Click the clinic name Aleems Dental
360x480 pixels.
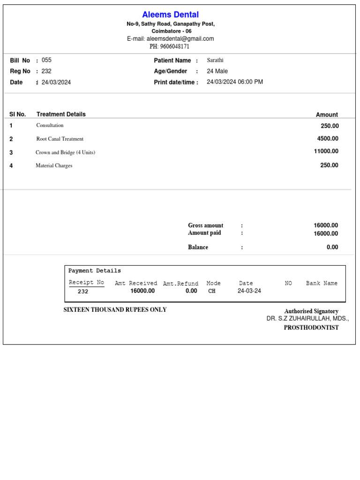[x=171, y=15]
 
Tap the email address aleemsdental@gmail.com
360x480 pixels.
[x=180, y=39]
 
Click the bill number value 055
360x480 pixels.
[x=46, y=60]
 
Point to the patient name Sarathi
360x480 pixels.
[x=215, y=60]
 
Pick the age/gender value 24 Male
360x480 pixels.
[x=217, y=71]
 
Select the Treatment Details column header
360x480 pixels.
[x=61, y=114]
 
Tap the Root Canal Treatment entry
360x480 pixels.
[x=60, y=139]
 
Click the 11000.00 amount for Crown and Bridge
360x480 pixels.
[x=326, y=151]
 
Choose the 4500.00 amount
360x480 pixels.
[x=328, y=139]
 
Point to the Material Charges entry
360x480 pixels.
[x=54, y=165]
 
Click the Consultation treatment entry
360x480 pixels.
[x=50, y=126]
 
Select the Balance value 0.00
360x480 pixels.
[x=332, y=247]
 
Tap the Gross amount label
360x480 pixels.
[x=206, y=225]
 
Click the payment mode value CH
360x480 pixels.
[x=212, y=291]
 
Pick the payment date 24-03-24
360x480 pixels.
[x=249, y=291]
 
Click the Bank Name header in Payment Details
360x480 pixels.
[x=322, y=284]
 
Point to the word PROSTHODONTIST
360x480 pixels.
[x=311, y=328]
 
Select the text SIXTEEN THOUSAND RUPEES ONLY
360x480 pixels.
[x=115, y=310]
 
